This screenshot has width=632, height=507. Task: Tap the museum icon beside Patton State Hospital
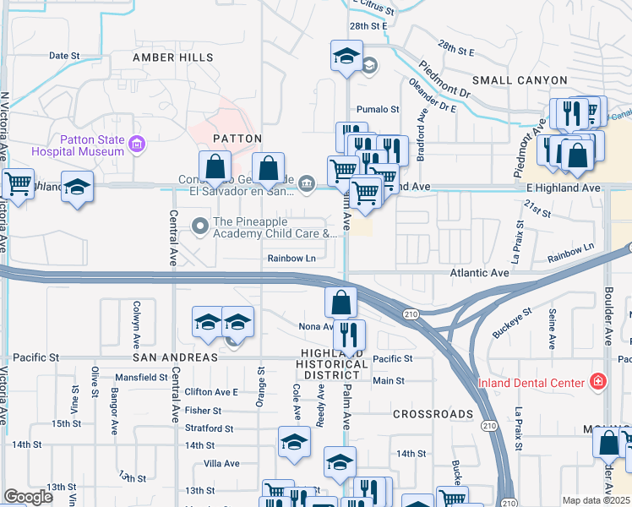coord(136,145)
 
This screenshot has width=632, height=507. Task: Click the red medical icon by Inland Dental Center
coord(598,382)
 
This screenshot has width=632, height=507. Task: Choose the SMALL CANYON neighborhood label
coord(520,79)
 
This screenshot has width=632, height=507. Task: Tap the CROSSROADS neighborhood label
coord(433,414)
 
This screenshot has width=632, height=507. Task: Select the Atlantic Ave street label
coord(479,273)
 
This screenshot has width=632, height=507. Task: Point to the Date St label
coord(64,56)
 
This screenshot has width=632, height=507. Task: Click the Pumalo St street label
coord(377,109)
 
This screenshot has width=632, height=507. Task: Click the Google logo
coord(29,497)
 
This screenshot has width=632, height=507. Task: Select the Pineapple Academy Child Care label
coord(275,226)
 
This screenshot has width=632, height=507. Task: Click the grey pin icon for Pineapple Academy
coord(201,226)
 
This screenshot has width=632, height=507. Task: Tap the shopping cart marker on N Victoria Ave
coord(18,183)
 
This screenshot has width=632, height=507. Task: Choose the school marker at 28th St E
coord(345,56)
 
